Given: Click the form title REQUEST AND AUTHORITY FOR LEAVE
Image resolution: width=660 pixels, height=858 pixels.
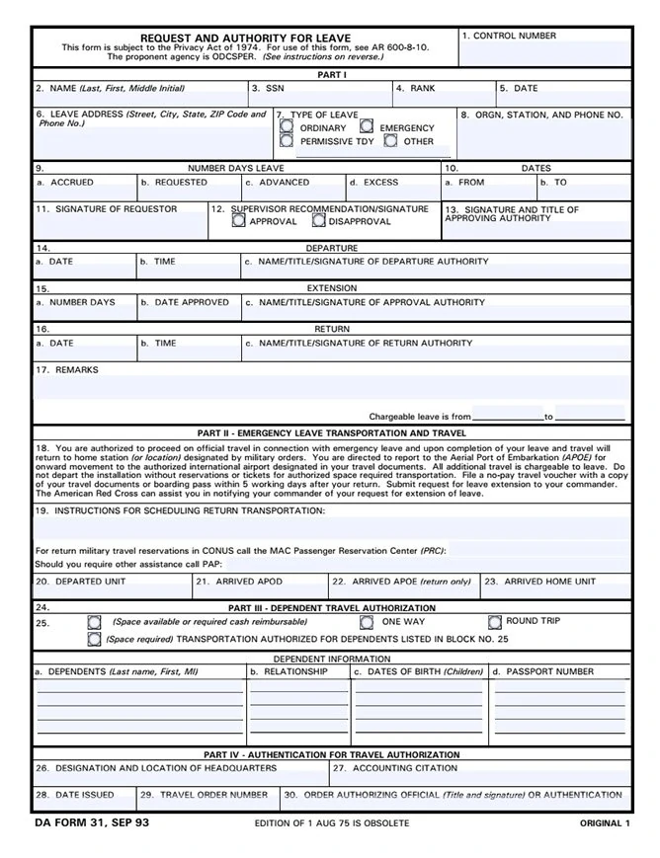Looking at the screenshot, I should pyautogui.click(x=245, y=38).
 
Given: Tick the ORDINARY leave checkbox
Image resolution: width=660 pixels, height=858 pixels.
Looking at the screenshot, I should pyautogui.click(x=287, y=127).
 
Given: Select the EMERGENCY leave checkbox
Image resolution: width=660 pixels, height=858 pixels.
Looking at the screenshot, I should pyautogui.click(x=367, y=127).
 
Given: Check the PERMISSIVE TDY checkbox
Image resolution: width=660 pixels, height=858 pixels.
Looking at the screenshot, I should pyautogui.click(x=287, y=141).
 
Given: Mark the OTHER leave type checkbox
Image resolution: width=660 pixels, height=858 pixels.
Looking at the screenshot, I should pyautogui.click(x=390, y=141).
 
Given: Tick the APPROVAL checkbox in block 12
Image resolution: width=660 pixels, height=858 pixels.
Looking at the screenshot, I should pyautogui.click(x=238, y=221).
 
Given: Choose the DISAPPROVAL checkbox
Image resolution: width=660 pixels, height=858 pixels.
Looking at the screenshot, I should pyautogui.click(x=318, y=221).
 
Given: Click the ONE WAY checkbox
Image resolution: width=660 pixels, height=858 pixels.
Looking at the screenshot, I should pyautogui.click(x=367, y=622).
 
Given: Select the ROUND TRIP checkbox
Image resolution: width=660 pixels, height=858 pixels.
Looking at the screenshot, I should pyautogui.click(x=495, y=622).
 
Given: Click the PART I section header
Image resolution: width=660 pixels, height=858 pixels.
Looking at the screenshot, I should pyautogui.click(x=331, y=75).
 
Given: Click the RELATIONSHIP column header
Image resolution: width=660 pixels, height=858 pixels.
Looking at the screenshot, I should pyautogui.click(x=293, y=672).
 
